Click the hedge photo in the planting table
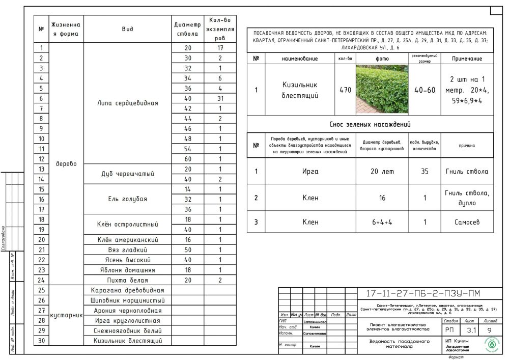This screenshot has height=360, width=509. [x=382, y=90]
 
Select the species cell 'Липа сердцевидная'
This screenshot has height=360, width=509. [x=127, y=103]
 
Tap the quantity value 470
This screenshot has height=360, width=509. [x=345, y=90]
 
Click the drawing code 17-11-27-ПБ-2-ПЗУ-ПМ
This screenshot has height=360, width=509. [x=422, y=293]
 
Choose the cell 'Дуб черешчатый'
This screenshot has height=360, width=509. [x=127, y=174]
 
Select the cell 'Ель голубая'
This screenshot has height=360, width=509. [x=127, y=199]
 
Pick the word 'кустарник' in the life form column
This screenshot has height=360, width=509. [x=67, y=315]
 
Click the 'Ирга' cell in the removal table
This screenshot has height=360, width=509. [x=310, y=172]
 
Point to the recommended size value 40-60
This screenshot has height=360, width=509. [x=425, y=90]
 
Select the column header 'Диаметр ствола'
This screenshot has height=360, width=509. [x=187, y=29]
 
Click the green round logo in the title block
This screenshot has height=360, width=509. [x=492, y=344]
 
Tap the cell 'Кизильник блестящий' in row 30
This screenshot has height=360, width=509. [x=127, y=340]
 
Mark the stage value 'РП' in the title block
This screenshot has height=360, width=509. [x=450, y=330]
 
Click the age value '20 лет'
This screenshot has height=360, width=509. [x=382, y=172]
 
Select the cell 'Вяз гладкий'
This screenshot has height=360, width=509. [x=127, y=250]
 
